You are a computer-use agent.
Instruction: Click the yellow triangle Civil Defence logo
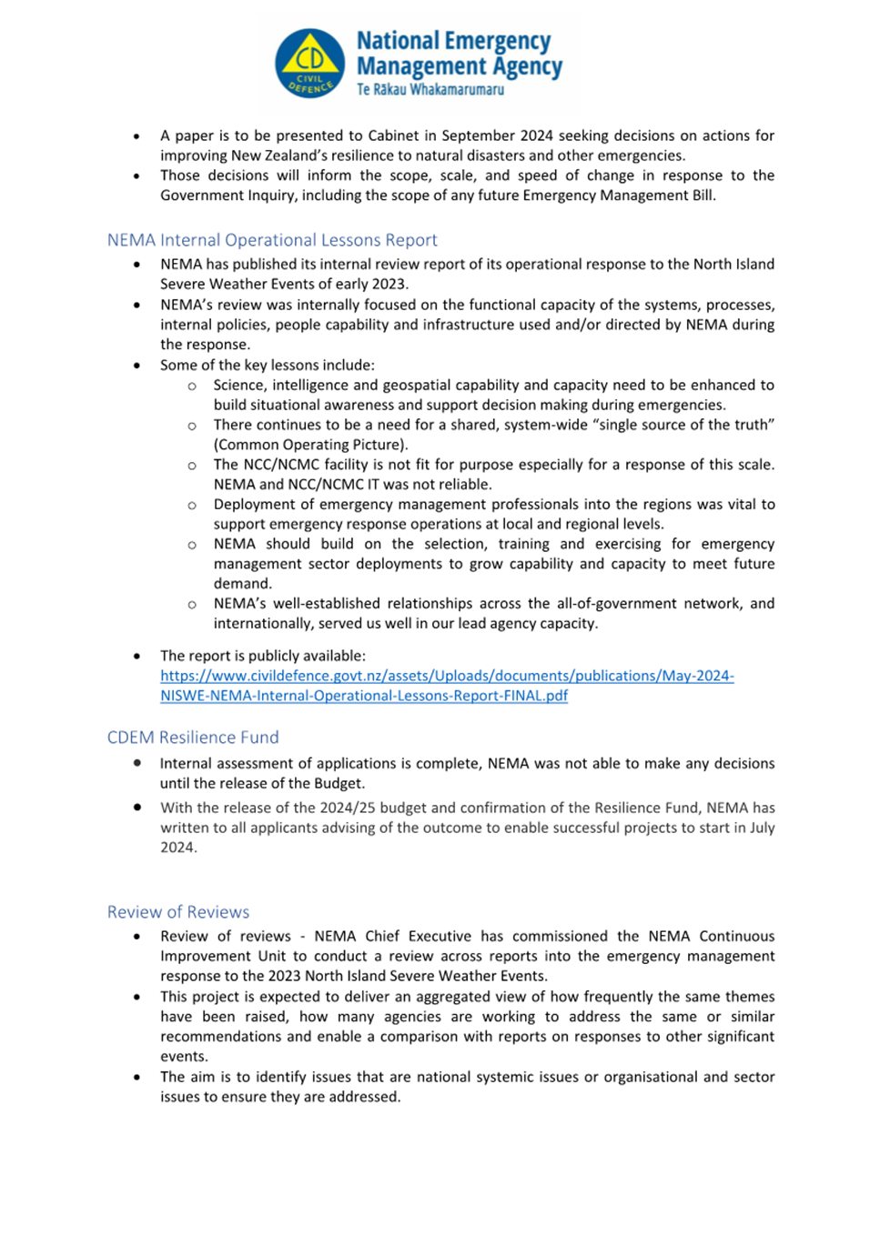(x=310, y=63)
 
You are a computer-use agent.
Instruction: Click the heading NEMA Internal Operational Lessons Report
(x=272, y=240)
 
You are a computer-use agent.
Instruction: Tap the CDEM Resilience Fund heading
(x=193, y=738)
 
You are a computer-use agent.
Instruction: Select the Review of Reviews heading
(x=178, y=912)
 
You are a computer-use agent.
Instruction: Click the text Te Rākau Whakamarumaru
(x=430, y=90)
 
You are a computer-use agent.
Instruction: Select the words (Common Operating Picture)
(x=310, y=445)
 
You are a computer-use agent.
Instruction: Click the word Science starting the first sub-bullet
(x=239, y=385)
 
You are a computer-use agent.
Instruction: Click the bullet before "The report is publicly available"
(x=137, y=656)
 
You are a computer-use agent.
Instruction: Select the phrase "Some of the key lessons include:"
(x=268, y=365)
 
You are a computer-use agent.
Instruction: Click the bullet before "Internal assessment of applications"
(x=137, y=763)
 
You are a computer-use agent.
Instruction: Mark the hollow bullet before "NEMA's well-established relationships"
(x=192, y=604)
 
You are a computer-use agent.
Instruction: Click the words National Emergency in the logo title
(x=453, y=41)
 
